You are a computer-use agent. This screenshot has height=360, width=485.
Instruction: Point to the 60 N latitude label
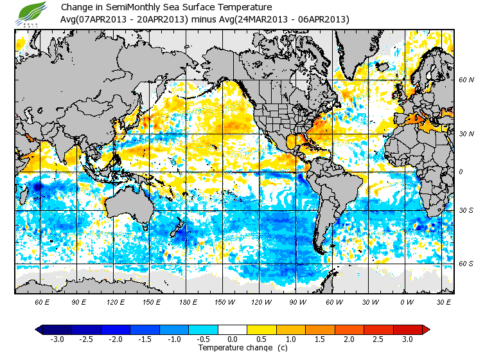tap(466, 80)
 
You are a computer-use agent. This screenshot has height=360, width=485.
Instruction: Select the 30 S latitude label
tap(466, 210)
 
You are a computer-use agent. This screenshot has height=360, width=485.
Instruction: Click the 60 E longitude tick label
tap(42, 302)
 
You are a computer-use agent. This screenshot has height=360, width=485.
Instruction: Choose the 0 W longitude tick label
tap(406, 302)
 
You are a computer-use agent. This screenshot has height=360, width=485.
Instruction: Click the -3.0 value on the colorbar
tap(57, 339)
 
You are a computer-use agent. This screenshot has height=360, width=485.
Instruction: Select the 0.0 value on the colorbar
tap(233, 339)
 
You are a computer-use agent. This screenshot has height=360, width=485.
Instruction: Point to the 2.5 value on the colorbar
tap(378, 339)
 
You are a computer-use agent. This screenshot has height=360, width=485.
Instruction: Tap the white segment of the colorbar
tap(233, 329)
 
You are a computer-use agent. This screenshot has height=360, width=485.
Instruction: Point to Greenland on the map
tap(360, 51)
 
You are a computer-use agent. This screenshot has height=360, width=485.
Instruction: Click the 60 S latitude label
tap(466, 264)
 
